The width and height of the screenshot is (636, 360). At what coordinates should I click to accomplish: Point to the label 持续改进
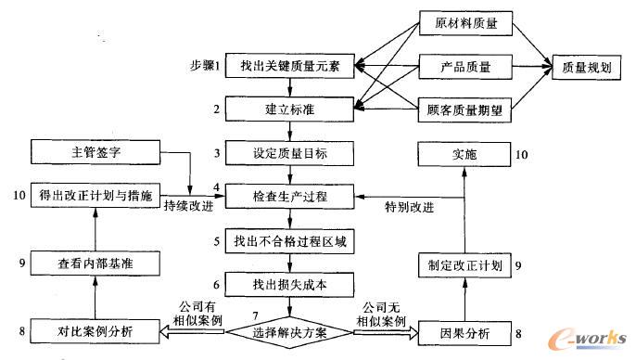coord(187,206)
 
